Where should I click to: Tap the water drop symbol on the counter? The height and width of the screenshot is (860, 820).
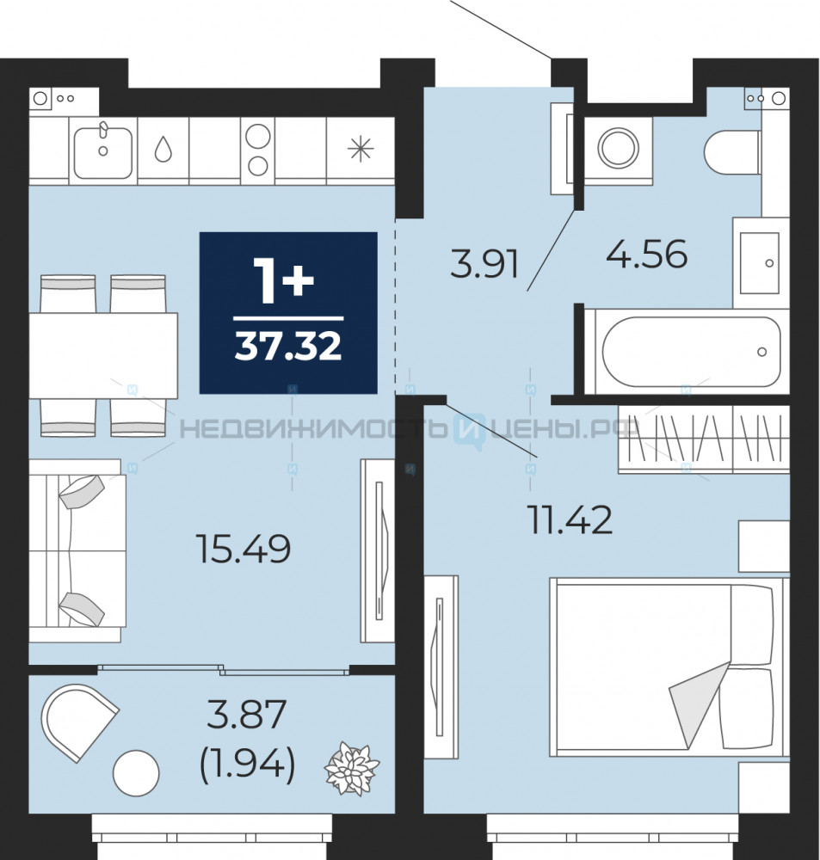coord(163,149)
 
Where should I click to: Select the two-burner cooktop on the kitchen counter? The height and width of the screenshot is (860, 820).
coord(257,150)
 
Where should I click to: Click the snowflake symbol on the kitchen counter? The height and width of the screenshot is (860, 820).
coord(361,149)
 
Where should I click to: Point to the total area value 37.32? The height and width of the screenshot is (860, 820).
coord(288,347)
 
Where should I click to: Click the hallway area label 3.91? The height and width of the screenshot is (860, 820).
coord(484,264)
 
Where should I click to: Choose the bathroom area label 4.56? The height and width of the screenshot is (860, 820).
coord(646,255)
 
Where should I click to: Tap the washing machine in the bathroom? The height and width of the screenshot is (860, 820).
coord(619,148)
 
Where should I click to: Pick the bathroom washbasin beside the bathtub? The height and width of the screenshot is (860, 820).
coord(760,262)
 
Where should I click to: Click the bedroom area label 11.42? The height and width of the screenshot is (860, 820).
coord(570,520)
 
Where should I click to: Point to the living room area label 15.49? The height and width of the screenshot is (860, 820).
coord(244,549)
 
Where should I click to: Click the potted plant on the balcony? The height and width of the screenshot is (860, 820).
coord(352,768)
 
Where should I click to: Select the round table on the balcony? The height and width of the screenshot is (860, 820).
coord(136,773)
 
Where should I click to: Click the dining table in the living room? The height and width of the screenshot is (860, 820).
coord(103,355)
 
